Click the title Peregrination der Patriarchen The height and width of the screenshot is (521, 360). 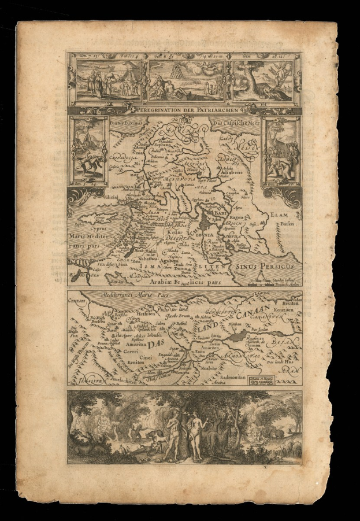[184, 109]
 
